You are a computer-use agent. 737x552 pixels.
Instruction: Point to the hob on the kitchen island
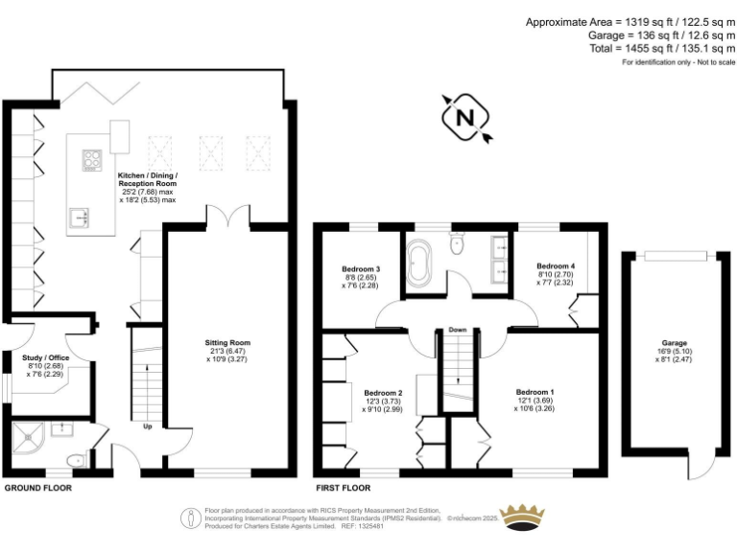pos(92,160)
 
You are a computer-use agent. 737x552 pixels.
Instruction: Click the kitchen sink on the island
pos(80,218)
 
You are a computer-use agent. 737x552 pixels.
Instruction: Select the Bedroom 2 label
pos(383,392)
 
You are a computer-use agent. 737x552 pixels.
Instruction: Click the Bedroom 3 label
pos(361,268)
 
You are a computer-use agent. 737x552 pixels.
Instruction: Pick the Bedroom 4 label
pos(556,265)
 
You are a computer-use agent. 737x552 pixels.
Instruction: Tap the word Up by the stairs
pos(148,426)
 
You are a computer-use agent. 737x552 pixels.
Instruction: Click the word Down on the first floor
pos(457,330)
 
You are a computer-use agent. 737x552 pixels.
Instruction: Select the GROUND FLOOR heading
pos(37,488)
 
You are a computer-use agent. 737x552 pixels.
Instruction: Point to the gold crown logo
pos(524,517)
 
